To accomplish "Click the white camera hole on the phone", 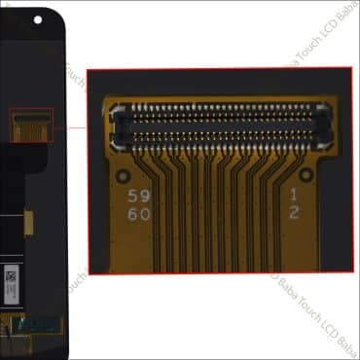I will click(38, 18).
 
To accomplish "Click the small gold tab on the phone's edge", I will click(29, 224).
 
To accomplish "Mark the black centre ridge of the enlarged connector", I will click(223, 124).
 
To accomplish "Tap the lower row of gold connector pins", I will click(223, 135).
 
